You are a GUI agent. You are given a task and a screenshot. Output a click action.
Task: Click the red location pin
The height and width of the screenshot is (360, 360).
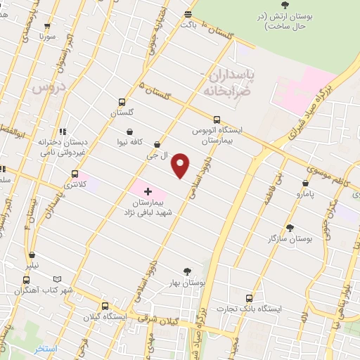click(181, 165)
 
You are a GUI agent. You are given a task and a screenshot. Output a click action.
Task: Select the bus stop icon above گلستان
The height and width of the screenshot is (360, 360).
click(122, 102)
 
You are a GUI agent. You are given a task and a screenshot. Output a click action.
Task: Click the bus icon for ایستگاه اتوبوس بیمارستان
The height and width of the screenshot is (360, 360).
click(217, 120)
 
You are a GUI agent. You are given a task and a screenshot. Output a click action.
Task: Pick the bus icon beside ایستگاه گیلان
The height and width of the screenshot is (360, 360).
click(105, 306)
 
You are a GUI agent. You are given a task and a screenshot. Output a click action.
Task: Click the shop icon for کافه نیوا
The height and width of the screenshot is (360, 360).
click(130, 131)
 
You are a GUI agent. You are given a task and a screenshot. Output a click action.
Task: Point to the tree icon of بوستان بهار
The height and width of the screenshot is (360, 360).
click(187, 271)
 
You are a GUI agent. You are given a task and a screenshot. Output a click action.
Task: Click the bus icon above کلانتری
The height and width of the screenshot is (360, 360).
click(74, 174)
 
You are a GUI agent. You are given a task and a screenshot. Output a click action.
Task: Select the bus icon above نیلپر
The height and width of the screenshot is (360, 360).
click(32, 255)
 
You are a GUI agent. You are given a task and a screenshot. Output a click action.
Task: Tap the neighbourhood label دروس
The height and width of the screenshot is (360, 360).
click(48, 87)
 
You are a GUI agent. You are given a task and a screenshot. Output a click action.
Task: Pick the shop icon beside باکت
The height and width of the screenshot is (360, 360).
click(188, 14)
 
